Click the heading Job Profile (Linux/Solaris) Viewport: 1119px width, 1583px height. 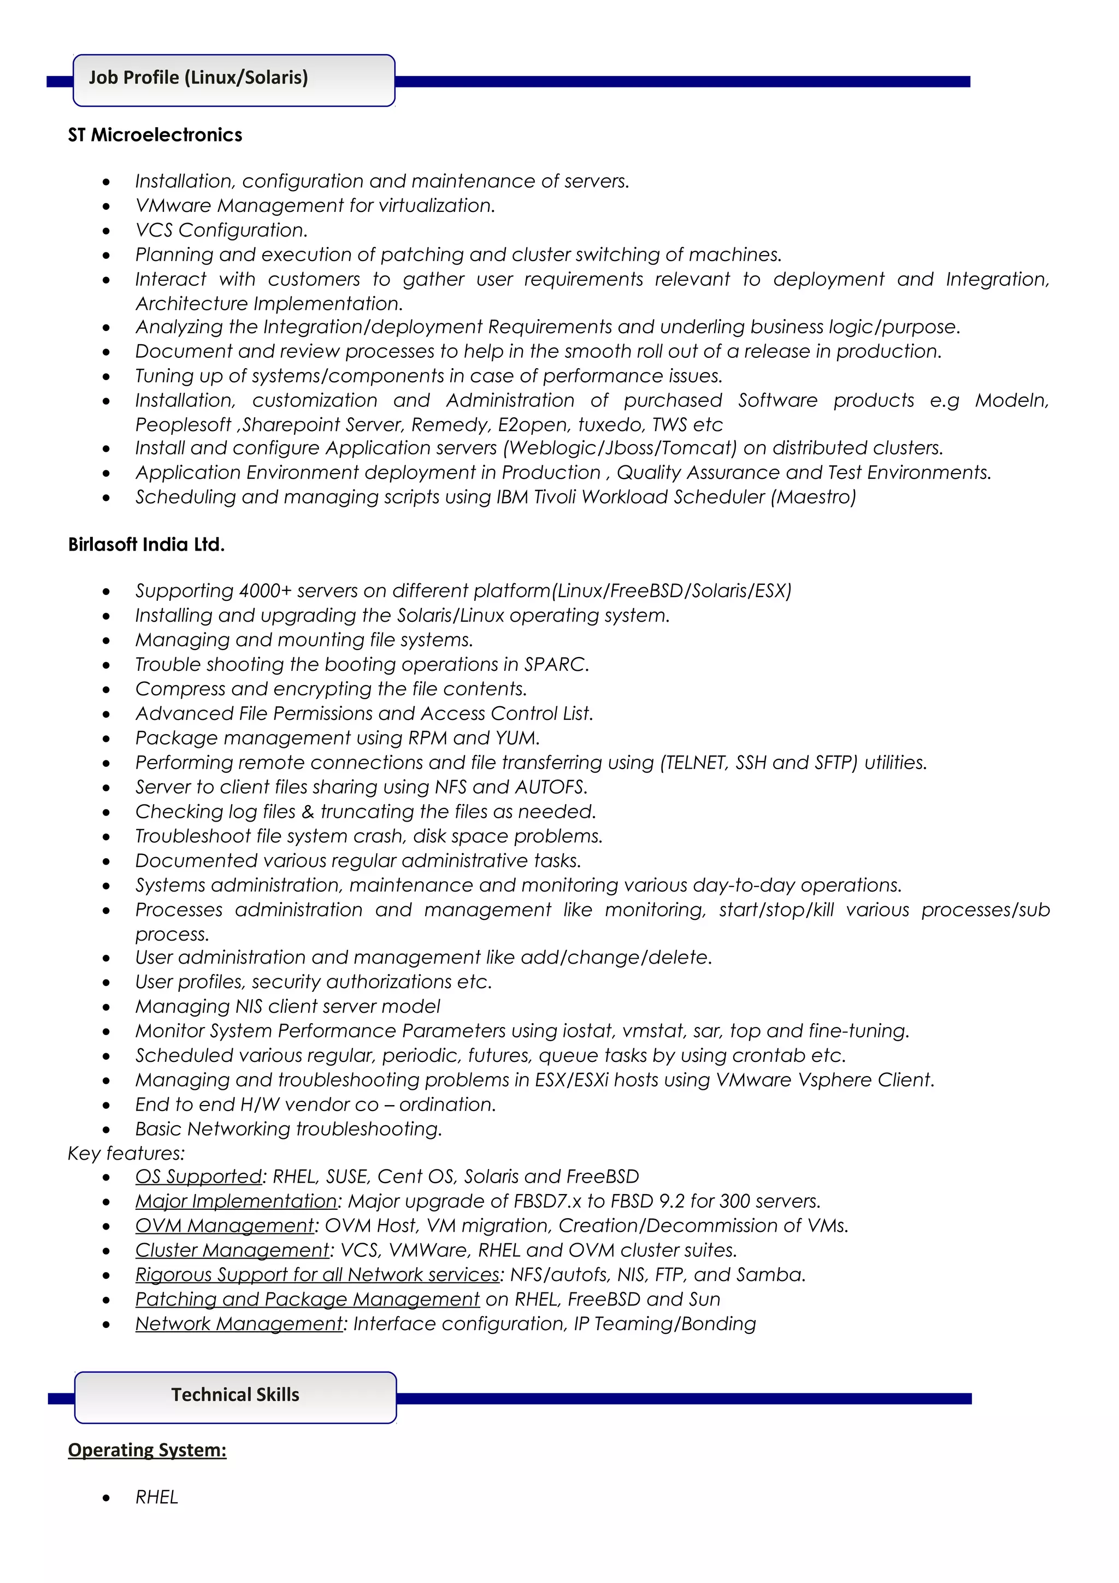[x=198, y=77]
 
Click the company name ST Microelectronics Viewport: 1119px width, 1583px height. [x=155, y=135]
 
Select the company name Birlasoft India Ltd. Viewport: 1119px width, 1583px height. [x=146, y=545]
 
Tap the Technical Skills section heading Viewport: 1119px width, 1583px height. [x=235, y=1395]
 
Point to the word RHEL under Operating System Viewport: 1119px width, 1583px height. [x=156, y=1497]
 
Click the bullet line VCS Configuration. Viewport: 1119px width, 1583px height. [x=221, y=231]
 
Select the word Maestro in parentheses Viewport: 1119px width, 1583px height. [x=814, y=497]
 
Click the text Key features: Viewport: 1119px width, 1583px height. [x=126, y=1154]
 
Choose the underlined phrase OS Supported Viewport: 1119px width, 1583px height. [x=198, y=1177]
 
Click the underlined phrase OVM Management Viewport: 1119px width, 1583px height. [x=225, y=1226]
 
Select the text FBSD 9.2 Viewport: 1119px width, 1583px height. [x=644, y=1201]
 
